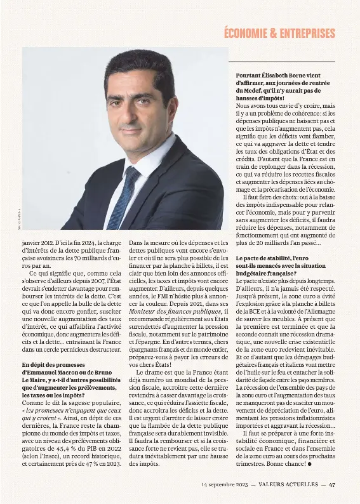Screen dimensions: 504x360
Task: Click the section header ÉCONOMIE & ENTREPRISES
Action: tap(279, 34)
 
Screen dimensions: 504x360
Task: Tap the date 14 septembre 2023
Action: tap(225, 484)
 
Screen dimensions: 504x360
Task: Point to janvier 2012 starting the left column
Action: tap(37, 242)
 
